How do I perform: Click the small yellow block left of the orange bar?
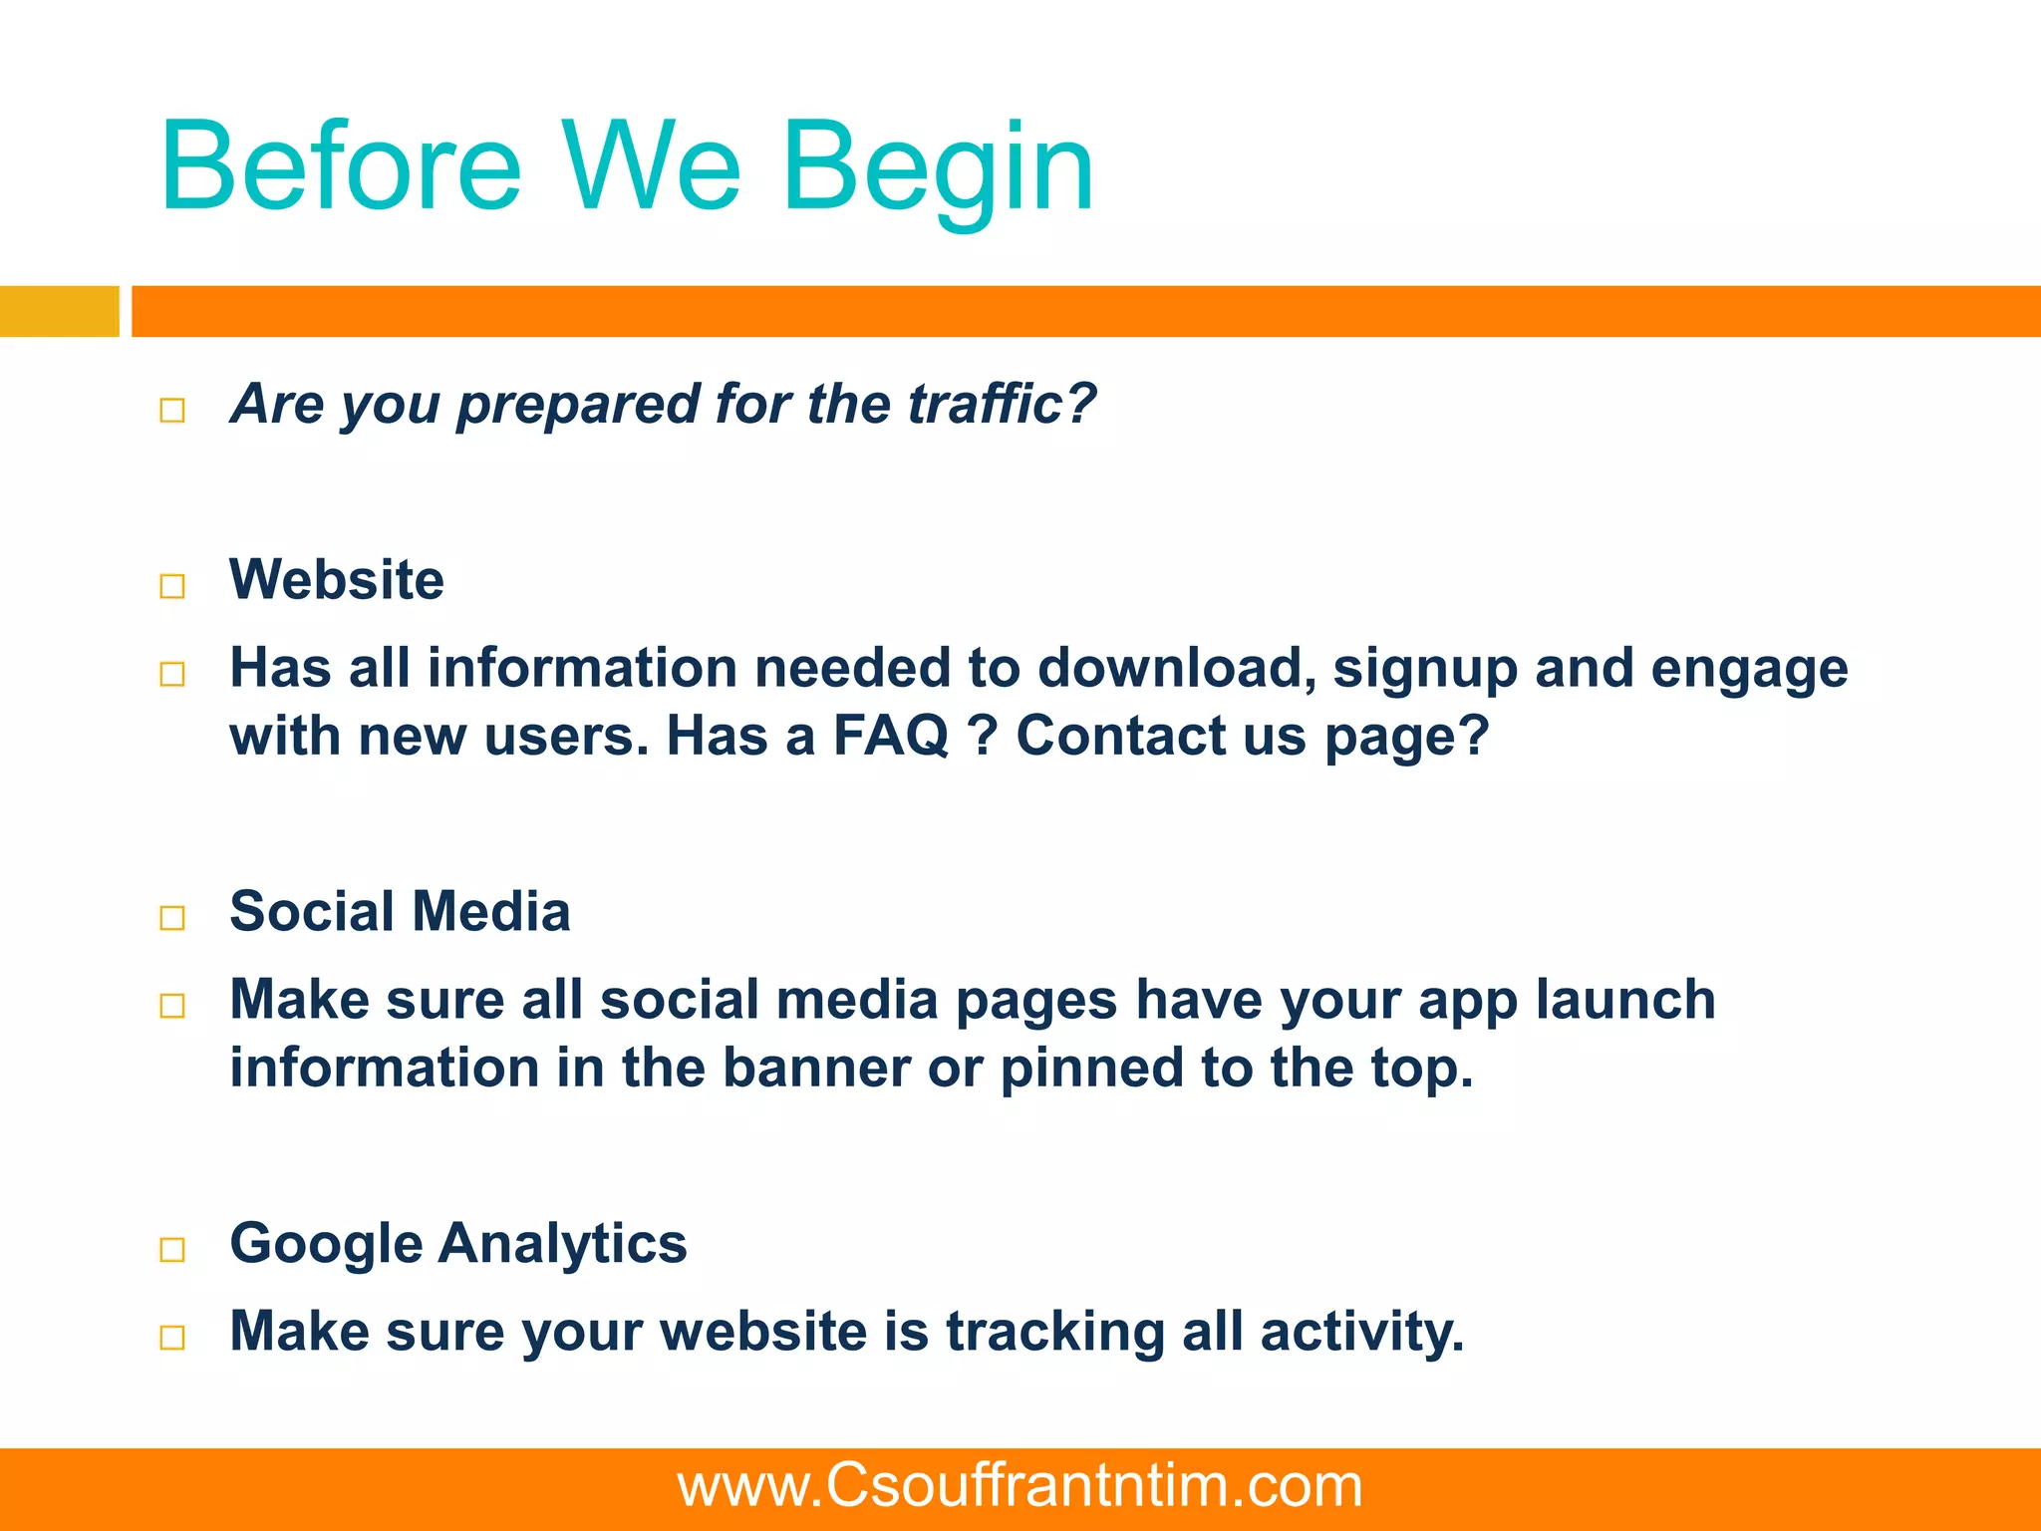59,311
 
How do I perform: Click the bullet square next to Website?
172,585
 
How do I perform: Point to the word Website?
337,579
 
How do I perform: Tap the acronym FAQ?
891,736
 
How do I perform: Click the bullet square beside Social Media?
172,917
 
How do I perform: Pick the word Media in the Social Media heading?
490,911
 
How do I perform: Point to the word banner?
815,1068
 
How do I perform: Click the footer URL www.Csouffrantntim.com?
1020,1486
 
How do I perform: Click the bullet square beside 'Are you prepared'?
172,410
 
